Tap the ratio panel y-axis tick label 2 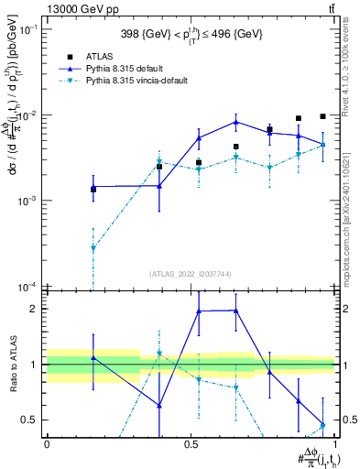(x=36, y=309)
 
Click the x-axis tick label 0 (x=46, y=442)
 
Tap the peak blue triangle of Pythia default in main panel (x=236, y=122)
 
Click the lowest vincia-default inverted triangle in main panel (x=93, y=248)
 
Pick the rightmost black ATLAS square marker (x=322, y=116)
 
